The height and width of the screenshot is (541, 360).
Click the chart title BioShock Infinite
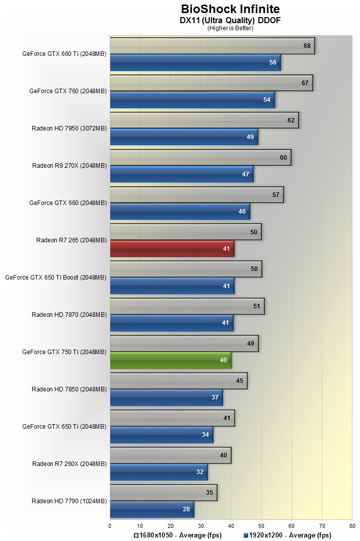point(230,9)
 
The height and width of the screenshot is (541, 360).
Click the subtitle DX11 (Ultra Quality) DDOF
point(230,20)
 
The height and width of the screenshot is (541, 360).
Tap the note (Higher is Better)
point(230,28)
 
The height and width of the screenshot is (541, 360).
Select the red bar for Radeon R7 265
point(172,249)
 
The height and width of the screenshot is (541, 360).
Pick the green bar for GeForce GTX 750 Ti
point(170,361)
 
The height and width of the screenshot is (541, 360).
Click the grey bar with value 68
point(212,46)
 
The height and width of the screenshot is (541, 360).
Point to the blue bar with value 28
point(152,509)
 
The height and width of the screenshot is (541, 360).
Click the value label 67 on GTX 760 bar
point(305,83)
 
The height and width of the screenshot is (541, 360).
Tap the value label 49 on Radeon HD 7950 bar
point(250,137)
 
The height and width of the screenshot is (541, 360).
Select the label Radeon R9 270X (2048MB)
point(69,165)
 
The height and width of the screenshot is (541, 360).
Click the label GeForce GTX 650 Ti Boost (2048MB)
point(56,277)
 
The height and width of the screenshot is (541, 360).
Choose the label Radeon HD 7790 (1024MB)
point(69,501)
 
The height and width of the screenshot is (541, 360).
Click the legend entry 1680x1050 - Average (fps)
point(178,535)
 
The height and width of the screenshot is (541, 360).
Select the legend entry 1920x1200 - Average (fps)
point(287,535)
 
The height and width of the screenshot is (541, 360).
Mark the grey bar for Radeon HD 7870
point(187,306)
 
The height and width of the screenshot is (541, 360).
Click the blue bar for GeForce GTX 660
point(180,212)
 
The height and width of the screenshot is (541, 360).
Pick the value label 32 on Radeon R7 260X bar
point(200,472)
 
